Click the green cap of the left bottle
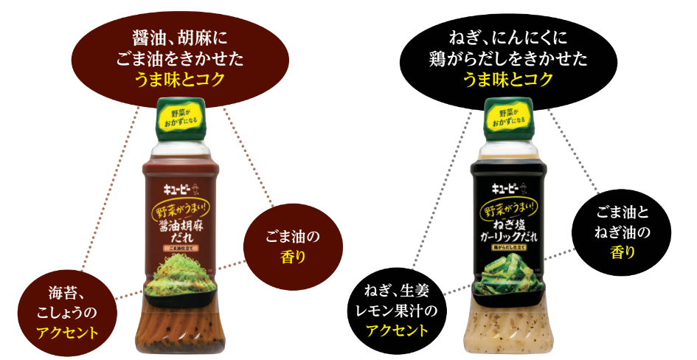[181, 120]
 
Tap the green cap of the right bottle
[508, 120]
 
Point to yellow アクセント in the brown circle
[68, 330]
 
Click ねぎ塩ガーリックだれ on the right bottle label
[508, 231]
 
